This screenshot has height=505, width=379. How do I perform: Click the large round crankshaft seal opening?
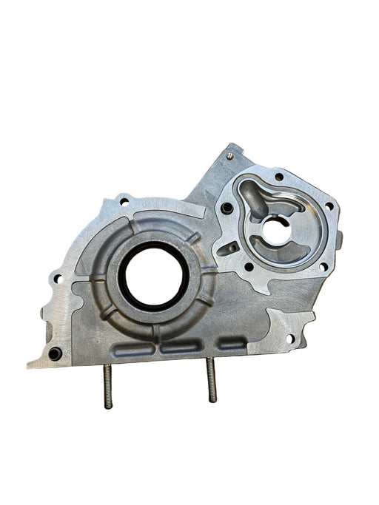click(x=151, y=274)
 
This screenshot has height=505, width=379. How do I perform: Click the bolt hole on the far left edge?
click(x=56, y=279)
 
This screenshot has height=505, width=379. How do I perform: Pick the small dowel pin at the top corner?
click(x=231, y=155)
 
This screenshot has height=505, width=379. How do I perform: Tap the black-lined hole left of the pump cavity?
click(x=227, y=209)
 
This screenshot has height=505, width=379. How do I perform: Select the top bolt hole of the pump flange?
click(x=278, y=177)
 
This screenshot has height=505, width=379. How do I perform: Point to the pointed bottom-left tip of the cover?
click(x=30, y=365)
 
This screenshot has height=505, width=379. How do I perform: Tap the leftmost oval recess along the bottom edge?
click(x=133, y=348)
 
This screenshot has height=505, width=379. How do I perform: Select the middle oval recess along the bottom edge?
click(x=178, y=346)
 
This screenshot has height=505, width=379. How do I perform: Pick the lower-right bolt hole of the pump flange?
click(x=324, y=267)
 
